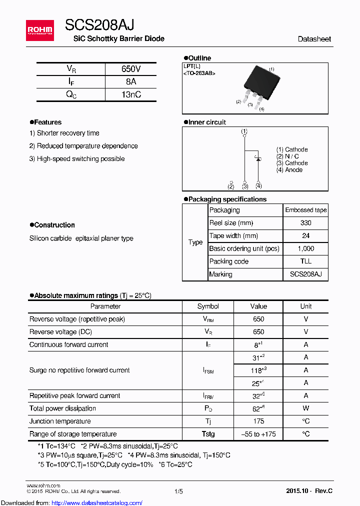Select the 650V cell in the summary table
(x=130, y=69)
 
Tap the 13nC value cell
(x=130, y=94)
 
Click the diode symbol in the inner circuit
(x=258, y=158)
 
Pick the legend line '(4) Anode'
(x=289, y=170)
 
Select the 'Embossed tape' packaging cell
(x=305, y=210)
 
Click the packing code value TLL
(x=305, y=261)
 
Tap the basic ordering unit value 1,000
(x=305, y=248)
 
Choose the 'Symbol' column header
(x=208, y=306)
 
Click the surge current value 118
(x=258, y=370)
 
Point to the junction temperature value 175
(x=258, y=421)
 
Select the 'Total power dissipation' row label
(x=63, y=408)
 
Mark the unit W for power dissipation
(x=305, y=408)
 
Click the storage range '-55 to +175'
(x=258, y=434)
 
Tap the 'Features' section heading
(x=47, y=122)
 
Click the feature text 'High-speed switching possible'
(x=80, y=159)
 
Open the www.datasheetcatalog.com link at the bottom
(x=91, y=502)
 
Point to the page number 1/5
(x=179, y=491)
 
